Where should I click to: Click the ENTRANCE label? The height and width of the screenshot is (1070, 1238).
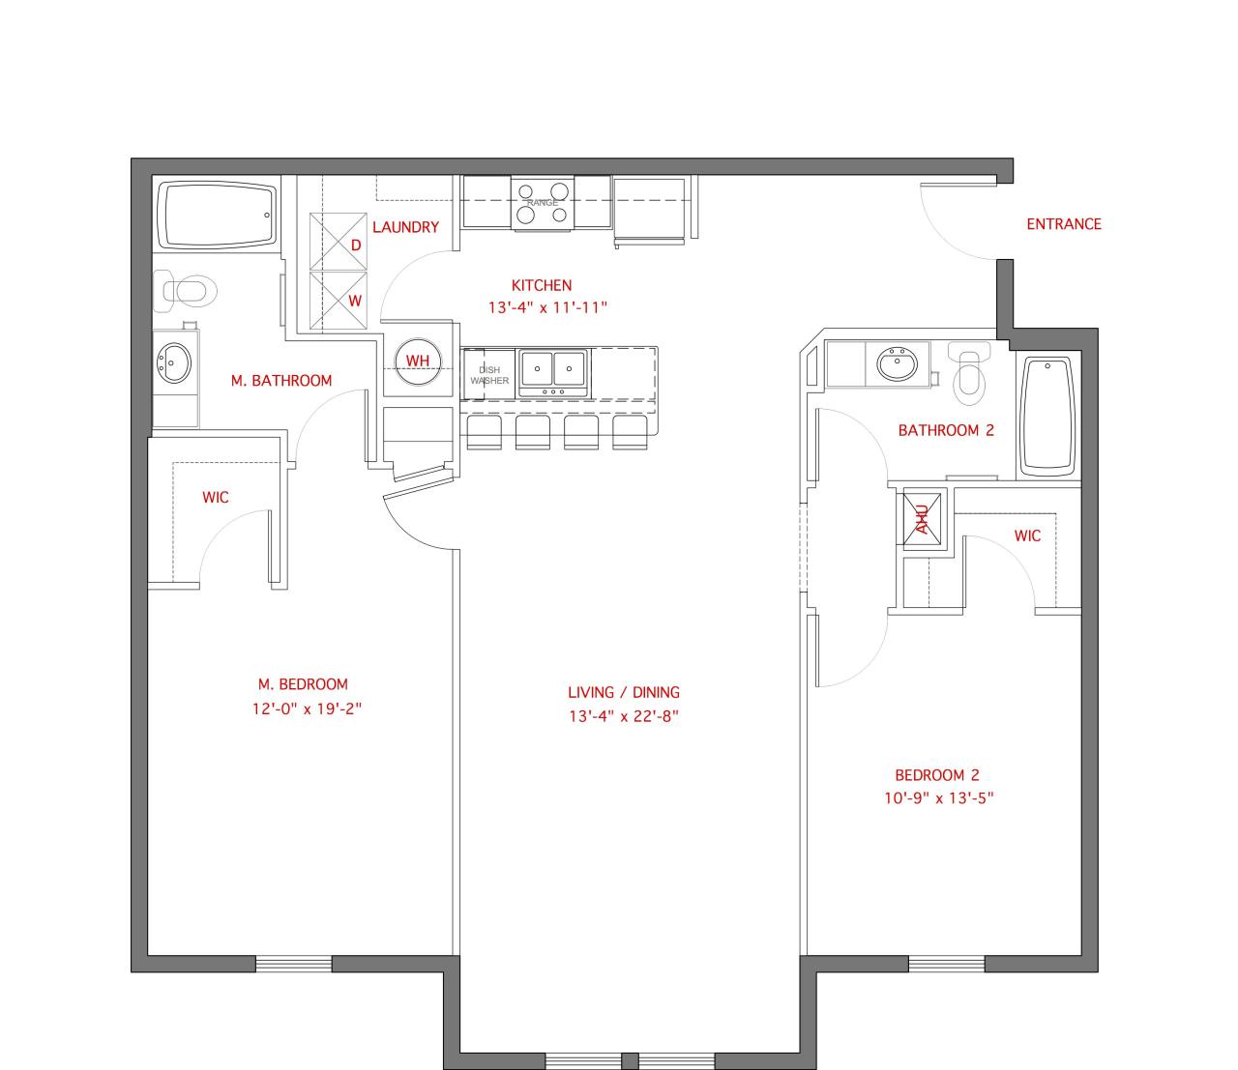pyautogui.click(x=1064, y=224)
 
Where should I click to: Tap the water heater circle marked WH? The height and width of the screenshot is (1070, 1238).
pyautogui.click(x=418, y=361)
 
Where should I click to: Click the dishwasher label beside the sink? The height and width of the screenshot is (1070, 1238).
pyautogui.click(x=489, y=375)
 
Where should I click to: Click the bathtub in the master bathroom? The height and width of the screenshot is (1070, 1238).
pyautogui.click(x=216, y=215)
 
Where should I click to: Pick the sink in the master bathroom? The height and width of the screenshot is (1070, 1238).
pyautogui.click(x=174, y=363)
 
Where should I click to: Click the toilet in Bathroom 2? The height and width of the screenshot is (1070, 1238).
pyautogui.click(x=970, y=374)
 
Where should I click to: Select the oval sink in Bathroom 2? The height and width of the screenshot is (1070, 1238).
pyautogui.click(x=900, y=365)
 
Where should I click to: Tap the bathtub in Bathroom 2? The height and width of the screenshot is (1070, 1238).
pyautogui.click(x=1046, y=416)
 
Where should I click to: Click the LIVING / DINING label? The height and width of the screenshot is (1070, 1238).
pyautogui.click(x=624, y=692)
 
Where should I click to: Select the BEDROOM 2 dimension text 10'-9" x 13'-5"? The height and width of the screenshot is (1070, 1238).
pyautogui.click(x=937, y=798)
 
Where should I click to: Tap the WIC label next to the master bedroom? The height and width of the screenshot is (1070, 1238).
pyautogui.click(x=216, y=497)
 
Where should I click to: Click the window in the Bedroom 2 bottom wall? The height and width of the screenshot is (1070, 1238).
pyautogui.click(x=947, y=964)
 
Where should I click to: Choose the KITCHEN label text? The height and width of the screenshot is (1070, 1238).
pyautogui.click(x=542, y=285)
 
